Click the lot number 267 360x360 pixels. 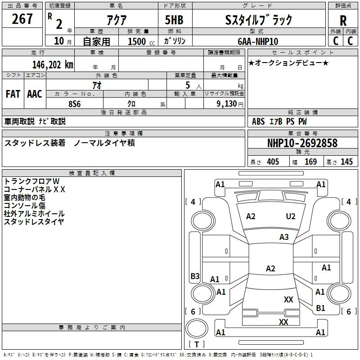[23, 19]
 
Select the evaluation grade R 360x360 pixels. [343, 21]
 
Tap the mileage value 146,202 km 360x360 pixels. [53, 64]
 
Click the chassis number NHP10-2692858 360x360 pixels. [302, 143]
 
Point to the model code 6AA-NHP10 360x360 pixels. [257, 41]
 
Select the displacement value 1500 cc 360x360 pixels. [137, 41]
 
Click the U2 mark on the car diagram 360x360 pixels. [291, 216]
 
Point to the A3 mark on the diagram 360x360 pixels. [284, 237]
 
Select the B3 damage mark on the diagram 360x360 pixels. [195, 276]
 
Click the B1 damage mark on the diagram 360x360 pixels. [320, 308]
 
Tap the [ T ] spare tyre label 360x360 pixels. [196, 345]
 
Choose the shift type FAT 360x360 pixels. [13, 94]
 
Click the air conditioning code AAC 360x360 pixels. [35, 94]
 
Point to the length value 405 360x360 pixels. [273, 162]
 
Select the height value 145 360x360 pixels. [346, 162]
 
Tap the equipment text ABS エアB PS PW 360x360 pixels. [280, 121]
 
